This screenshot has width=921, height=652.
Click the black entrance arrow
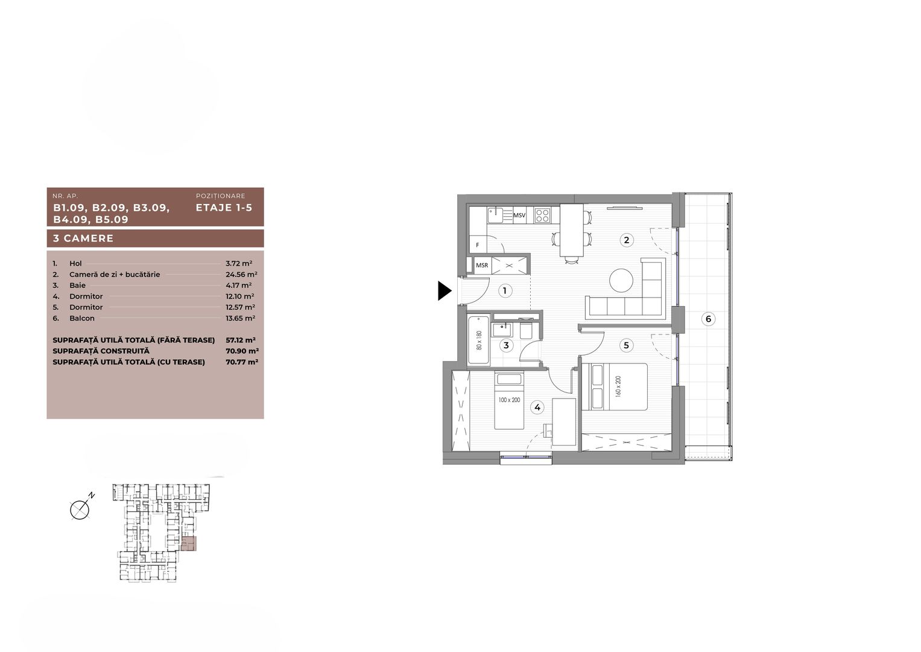(445, 291)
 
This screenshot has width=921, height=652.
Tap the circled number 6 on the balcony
(708, 319)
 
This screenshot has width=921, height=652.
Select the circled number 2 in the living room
(627, 240)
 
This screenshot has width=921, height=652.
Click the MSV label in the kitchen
(519, 215)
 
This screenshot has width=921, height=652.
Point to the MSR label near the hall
(482, 265)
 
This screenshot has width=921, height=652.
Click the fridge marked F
(478, 245)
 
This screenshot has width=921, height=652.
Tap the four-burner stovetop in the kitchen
(542, 215)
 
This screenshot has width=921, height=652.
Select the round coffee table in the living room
(621, 281)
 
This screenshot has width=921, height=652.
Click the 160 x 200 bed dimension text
(617, 386)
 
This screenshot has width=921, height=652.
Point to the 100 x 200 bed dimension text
(509, 400)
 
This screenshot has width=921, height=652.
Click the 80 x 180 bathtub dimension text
(479, 341)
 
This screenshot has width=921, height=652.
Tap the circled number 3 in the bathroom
(506, 345)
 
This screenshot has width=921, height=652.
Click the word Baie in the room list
(77, 286)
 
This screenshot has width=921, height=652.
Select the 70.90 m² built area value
(246, 351)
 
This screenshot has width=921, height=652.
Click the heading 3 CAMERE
(83, 238)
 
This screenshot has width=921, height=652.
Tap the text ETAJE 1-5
(224, 208)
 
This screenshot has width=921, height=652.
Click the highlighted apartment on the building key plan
(189, 544)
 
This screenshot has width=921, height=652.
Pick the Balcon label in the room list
(81, 318)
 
